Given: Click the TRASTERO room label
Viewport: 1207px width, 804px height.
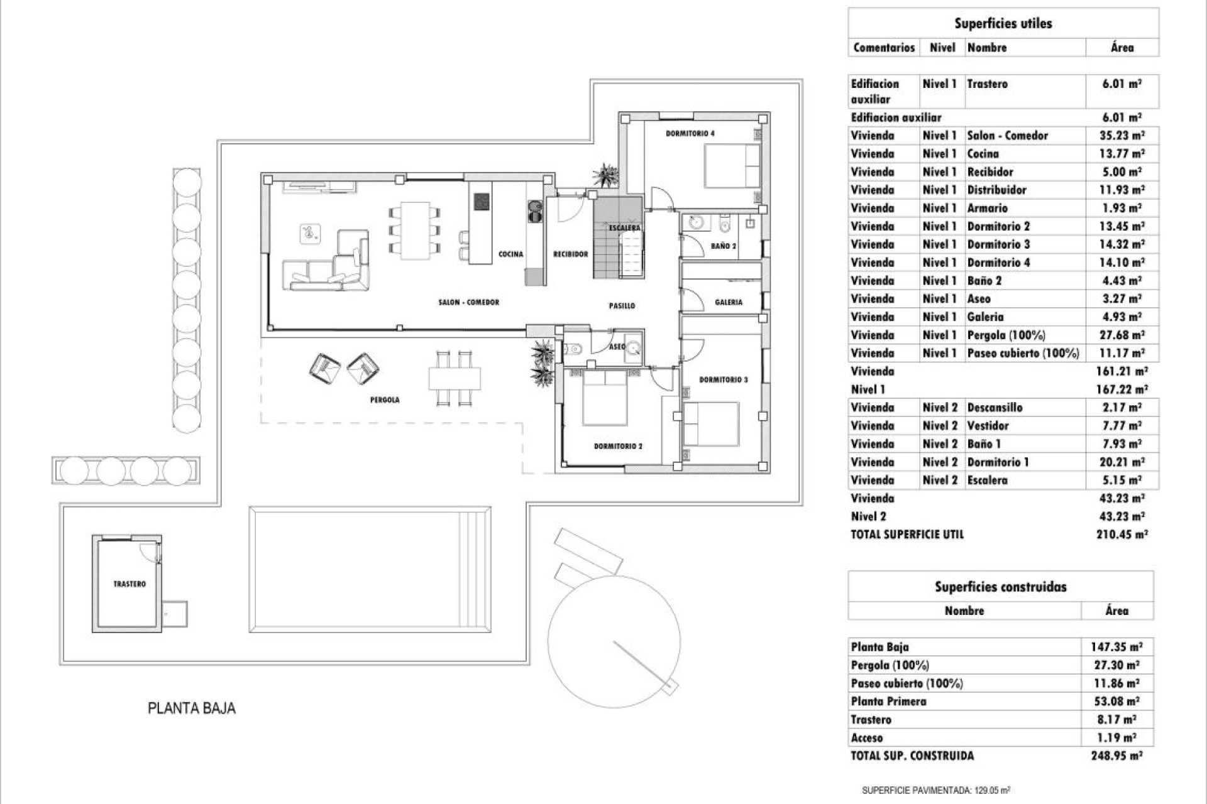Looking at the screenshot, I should (x=130, y=584).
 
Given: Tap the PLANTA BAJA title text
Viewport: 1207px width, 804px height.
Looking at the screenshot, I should (x=192, y=708).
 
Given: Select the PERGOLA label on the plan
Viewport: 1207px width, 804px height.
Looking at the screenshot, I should (x=385, y=399).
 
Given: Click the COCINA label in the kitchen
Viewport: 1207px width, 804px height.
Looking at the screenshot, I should (x=510, y=254).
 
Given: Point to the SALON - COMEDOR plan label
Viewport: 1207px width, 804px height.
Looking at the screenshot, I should (x=469, y=302).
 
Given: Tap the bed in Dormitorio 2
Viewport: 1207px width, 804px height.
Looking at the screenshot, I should (x=605, y=398).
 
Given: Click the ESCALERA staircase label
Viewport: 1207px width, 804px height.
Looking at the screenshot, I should (x=624, y=228).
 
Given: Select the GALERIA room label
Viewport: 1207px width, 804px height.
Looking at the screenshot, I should (x=729, y=302).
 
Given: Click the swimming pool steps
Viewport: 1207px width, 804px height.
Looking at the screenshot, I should (x=475, y=569).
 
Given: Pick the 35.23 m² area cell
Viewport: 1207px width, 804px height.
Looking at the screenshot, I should (x=1122, y=136).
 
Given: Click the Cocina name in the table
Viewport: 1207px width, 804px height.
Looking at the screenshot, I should (x=983, y=154).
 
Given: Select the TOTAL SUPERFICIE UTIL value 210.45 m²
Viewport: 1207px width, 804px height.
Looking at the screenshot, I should (x=1122, y=535).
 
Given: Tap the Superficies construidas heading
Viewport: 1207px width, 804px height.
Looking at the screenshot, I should (x=1000, y=587).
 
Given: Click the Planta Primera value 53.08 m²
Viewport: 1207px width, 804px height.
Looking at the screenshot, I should (x=1116, y=701).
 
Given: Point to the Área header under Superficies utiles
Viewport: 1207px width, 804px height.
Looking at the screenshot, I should (x=1122, y=48).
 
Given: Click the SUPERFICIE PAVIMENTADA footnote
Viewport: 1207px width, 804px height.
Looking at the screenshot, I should (x=935, y=790).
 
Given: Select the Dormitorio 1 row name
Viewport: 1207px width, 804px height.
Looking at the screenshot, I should (x=998, y=462).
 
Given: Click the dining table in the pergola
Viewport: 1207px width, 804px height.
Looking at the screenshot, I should (x=455, y=379).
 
